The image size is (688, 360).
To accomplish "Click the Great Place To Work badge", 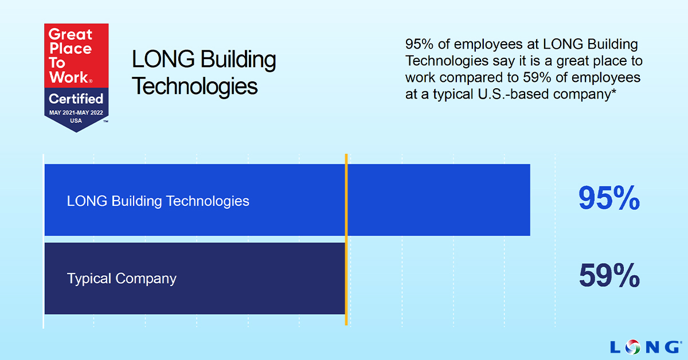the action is click(76, 78).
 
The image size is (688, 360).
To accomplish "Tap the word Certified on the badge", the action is click(76, 99).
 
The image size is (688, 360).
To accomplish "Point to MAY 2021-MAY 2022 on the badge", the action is click(76, 113).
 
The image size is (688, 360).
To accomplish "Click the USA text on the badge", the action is click(76, 121).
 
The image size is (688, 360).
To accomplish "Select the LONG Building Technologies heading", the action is click(204, 73).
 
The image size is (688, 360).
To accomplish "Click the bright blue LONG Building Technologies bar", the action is click(287, 200).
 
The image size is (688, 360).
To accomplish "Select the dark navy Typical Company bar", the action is click(196, 278).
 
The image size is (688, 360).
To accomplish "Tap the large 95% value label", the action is click(609, 198).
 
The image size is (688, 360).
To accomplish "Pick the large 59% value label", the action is click(609, 275).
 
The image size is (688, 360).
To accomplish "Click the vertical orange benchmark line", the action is click(346, 240).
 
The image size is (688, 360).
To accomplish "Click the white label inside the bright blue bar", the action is click(158, 201).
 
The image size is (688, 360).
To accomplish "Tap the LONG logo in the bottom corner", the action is click(646, 347).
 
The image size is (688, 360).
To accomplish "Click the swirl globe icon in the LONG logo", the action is click(633, 347).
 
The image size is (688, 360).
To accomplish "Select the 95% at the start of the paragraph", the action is click(419, 44).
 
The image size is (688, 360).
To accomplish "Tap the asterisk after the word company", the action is click(613, 92).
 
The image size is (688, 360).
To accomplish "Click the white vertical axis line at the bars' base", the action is click(44, 241).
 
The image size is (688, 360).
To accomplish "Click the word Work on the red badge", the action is click(69, 77).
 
